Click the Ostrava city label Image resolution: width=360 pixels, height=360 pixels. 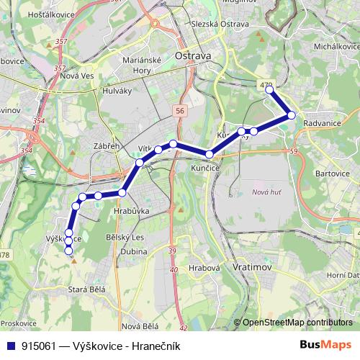point(193,55)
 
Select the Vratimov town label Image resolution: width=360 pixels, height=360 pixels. point(251,266)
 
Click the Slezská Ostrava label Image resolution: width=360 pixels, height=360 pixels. point(220,24)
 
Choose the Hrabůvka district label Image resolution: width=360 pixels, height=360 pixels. point(131,212)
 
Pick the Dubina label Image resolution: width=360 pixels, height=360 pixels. point(136,252)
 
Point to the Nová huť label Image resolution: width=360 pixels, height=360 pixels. point(267,191)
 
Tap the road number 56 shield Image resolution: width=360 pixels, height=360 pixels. point(179,110)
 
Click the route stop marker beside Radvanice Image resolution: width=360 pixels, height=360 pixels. point(292,115)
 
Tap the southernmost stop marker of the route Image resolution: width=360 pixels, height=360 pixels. point(69,251)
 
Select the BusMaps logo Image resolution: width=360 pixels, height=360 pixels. point(325,345)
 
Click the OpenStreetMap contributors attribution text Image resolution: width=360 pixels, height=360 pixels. point(297,323)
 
